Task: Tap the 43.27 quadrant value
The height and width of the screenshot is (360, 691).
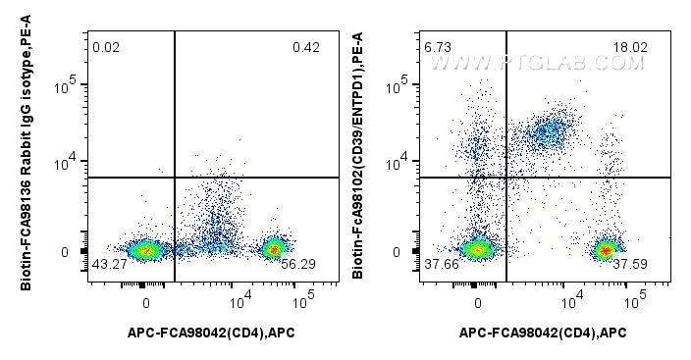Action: point(108,266)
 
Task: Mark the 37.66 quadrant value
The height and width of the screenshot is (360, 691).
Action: point(440,266)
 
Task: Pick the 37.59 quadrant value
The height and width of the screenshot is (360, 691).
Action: point(638,266)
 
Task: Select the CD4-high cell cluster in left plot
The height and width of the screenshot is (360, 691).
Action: point(274,249)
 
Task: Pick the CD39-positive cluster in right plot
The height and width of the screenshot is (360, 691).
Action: point(549,130)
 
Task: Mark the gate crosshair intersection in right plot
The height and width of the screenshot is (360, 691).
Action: point(506,178)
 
